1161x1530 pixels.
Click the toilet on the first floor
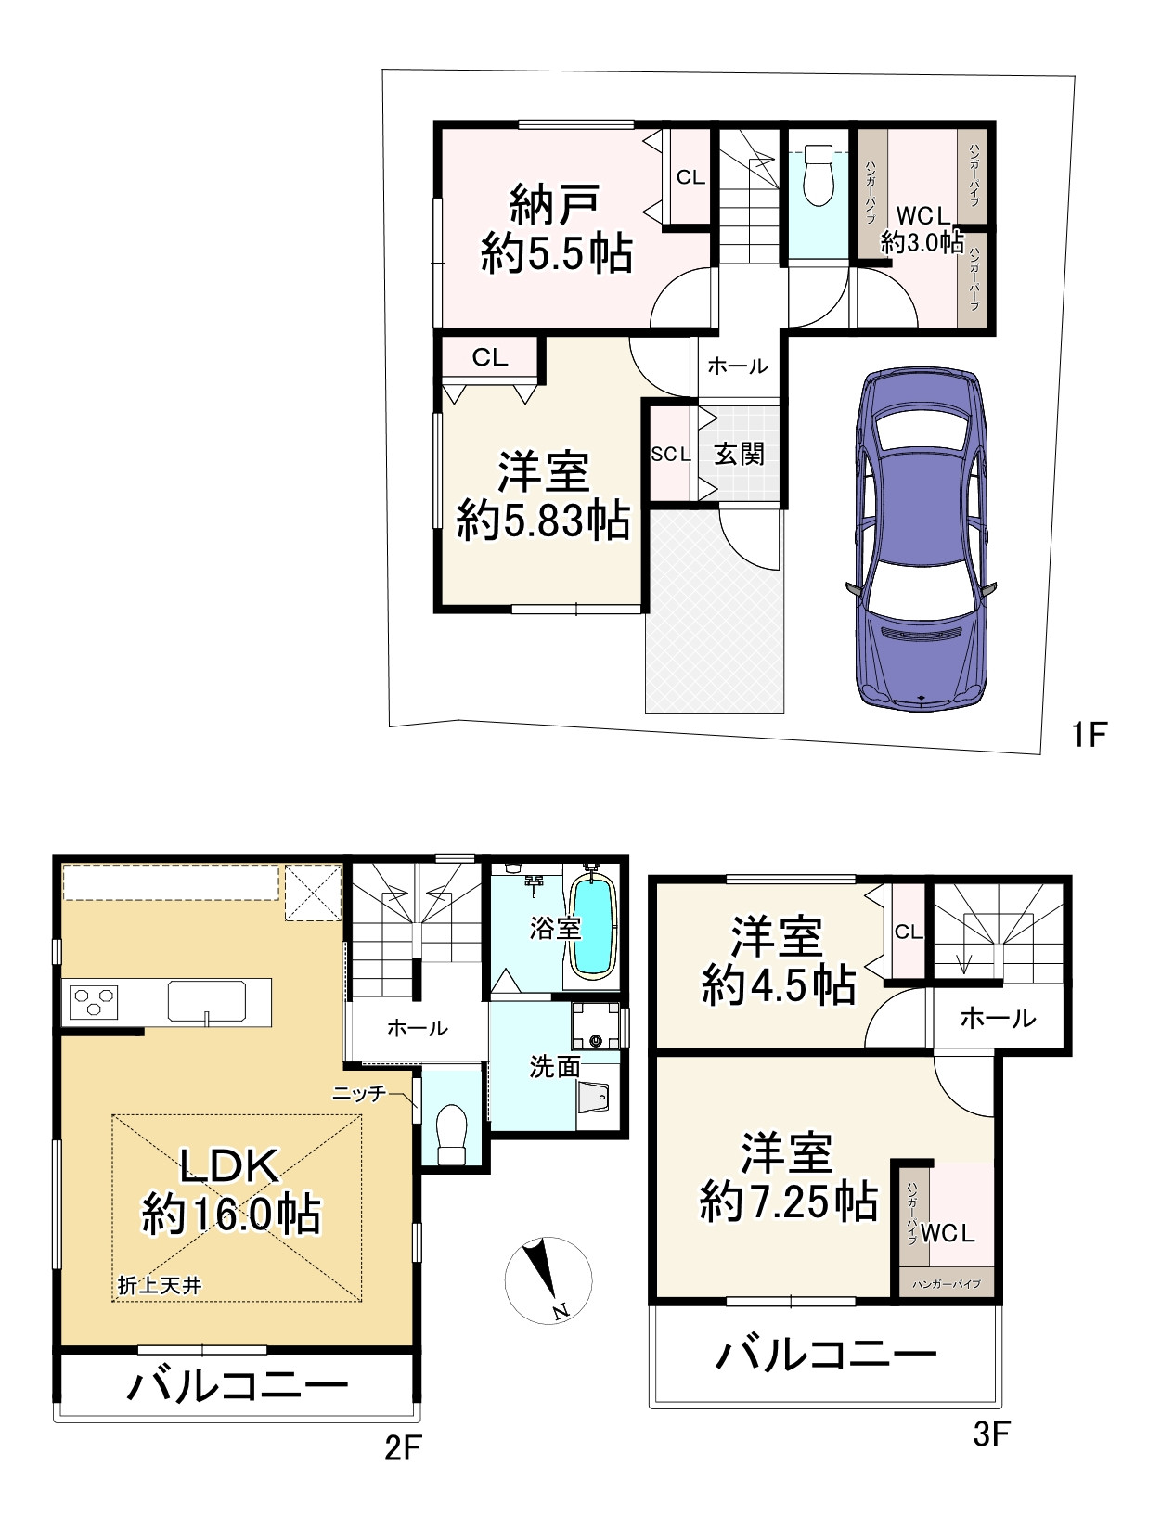click(818, 176)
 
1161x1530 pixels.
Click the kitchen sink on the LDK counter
click(207, 1001)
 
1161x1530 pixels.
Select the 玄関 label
click(739, 454)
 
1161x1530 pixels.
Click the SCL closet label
click(670, 454)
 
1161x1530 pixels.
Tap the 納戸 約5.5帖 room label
click(556, 228)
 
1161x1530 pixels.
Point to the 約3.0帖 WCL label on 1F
click(922, 229)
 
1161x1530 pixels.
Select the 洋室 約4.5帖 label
click(778, 961)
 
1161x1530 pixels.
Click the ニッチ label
click(360, 1094)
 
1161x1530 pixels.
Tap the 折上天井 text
click(160, 1285)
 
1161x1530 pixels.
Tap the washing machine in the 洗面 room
click(595, 1027)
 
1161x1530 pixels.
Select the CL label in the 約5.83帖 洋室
click(490, 357)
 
